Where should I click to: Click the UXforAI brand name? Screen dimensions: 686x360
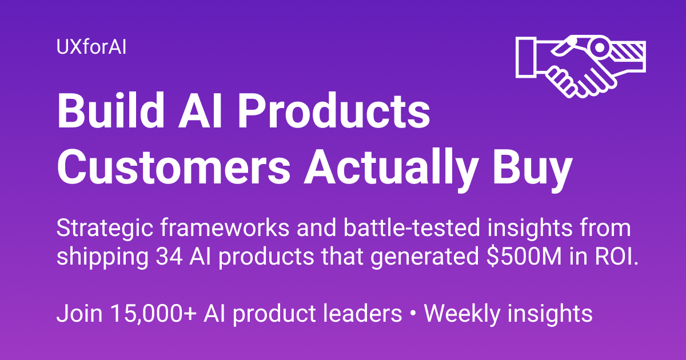[x=91, y=47]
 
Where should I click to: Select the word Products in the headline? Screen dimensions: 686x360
[x=334, y=111]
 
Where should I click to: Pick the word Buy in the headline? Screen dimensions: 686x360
[x=532, y=170]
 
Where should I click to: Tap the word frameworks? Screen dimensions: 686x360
[x=225, y=228]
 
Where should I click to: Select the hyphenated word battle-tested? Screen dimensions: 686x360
[x=411, y=228]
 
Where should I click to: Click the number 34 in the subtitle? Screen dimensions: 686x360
[x=169, y=257]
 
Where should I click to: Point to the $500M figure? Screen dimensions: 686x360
[x=524, y=257]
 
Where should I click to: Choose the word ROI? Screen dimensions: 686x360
[x=616, y=257]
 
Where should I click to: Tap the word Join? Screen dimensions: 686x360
[x=79, y=313]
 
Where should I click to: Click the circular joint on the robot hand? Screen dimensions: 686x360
[x=599, y=47]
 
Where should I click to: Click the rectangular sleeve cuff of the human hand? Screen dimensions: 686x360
[x=527, y=57]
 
